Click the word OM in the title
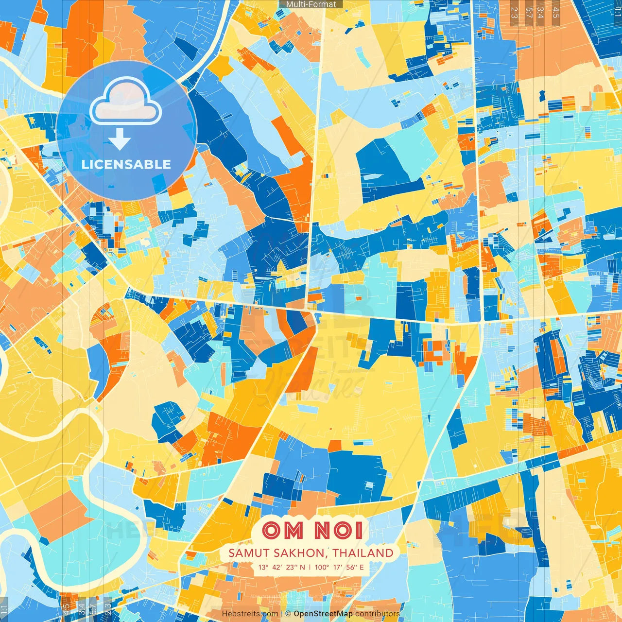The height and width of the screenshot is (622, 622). pos(282,530)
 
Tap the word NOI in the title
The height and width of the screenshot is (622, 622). pos(338,530)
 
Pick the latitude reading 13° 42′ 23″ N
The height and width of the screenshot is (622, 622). pos(282,567)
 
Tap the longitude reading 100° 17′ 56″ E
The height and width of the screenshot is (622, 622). pos(339,567)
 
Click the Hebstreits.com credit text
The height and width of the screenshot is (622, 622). pos(250,614)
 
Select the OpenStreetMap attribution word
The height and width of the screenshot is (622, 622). pos(323,614)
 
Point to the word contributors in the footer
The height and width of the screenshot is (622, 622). pos(377,614)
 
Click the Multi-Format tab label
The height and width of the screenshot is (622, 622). pos(311,4)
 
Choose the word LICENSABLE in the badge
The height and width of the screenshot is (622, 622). pos(126,164)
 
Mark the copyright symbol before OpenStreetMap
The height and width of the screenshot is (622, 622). pos(288,614)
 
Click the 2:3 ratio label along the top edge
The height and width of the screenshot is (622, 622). pos(514,13)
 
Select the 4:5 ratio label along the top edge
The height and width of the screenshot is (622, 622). pos(556,13)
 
